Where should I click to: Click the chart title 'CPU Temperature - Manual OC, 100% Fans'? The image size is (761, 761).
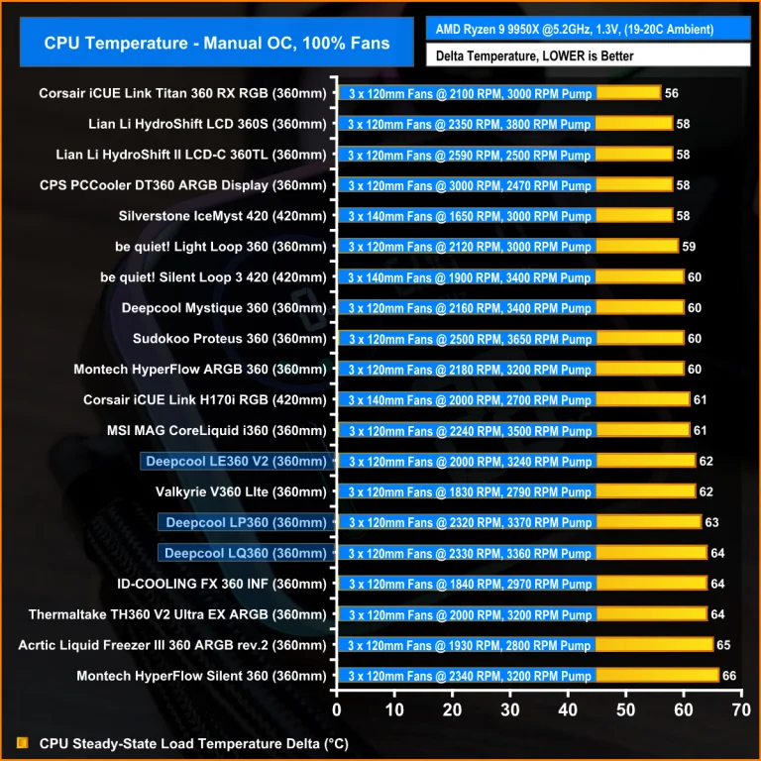(x=216, y=43)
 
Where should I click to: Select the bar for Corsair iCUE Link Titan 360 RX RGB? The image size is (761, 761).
(x=499, y=93)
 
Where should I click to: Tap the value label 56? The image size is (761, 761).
(x=672, y=93)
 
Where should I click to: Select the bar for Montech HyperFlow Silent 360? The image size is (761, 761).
(x=528, y=676)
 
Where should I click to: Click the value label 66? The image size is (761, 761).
(x=729, y=676)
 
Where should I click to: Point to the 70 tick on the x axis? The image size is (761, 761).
(x=740, y=709)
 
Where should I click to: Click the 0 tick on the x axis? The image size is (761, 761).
(x=337, y=709)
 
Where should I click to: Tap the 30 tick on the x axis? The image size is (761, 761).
(x=509, y=709)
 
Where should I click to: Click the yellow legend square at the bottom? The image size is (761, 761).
(x=23, y=742)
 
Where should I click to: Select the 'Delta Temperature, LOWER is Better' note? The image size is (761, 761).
(x=588, y=55)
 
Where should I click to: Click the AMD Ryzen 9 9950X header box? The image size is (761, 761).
(x=588, y=29)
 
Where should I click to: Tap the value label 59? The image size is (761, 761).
(x=690, y=247)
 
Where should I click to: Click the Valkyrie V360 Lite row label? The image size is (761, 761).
(x=241, y=491)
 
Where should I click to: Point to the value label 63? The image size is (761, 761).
(x=712, y=522)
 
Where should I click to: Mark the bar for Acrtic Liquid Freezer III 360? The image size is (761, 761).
(x=525, y=645)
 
